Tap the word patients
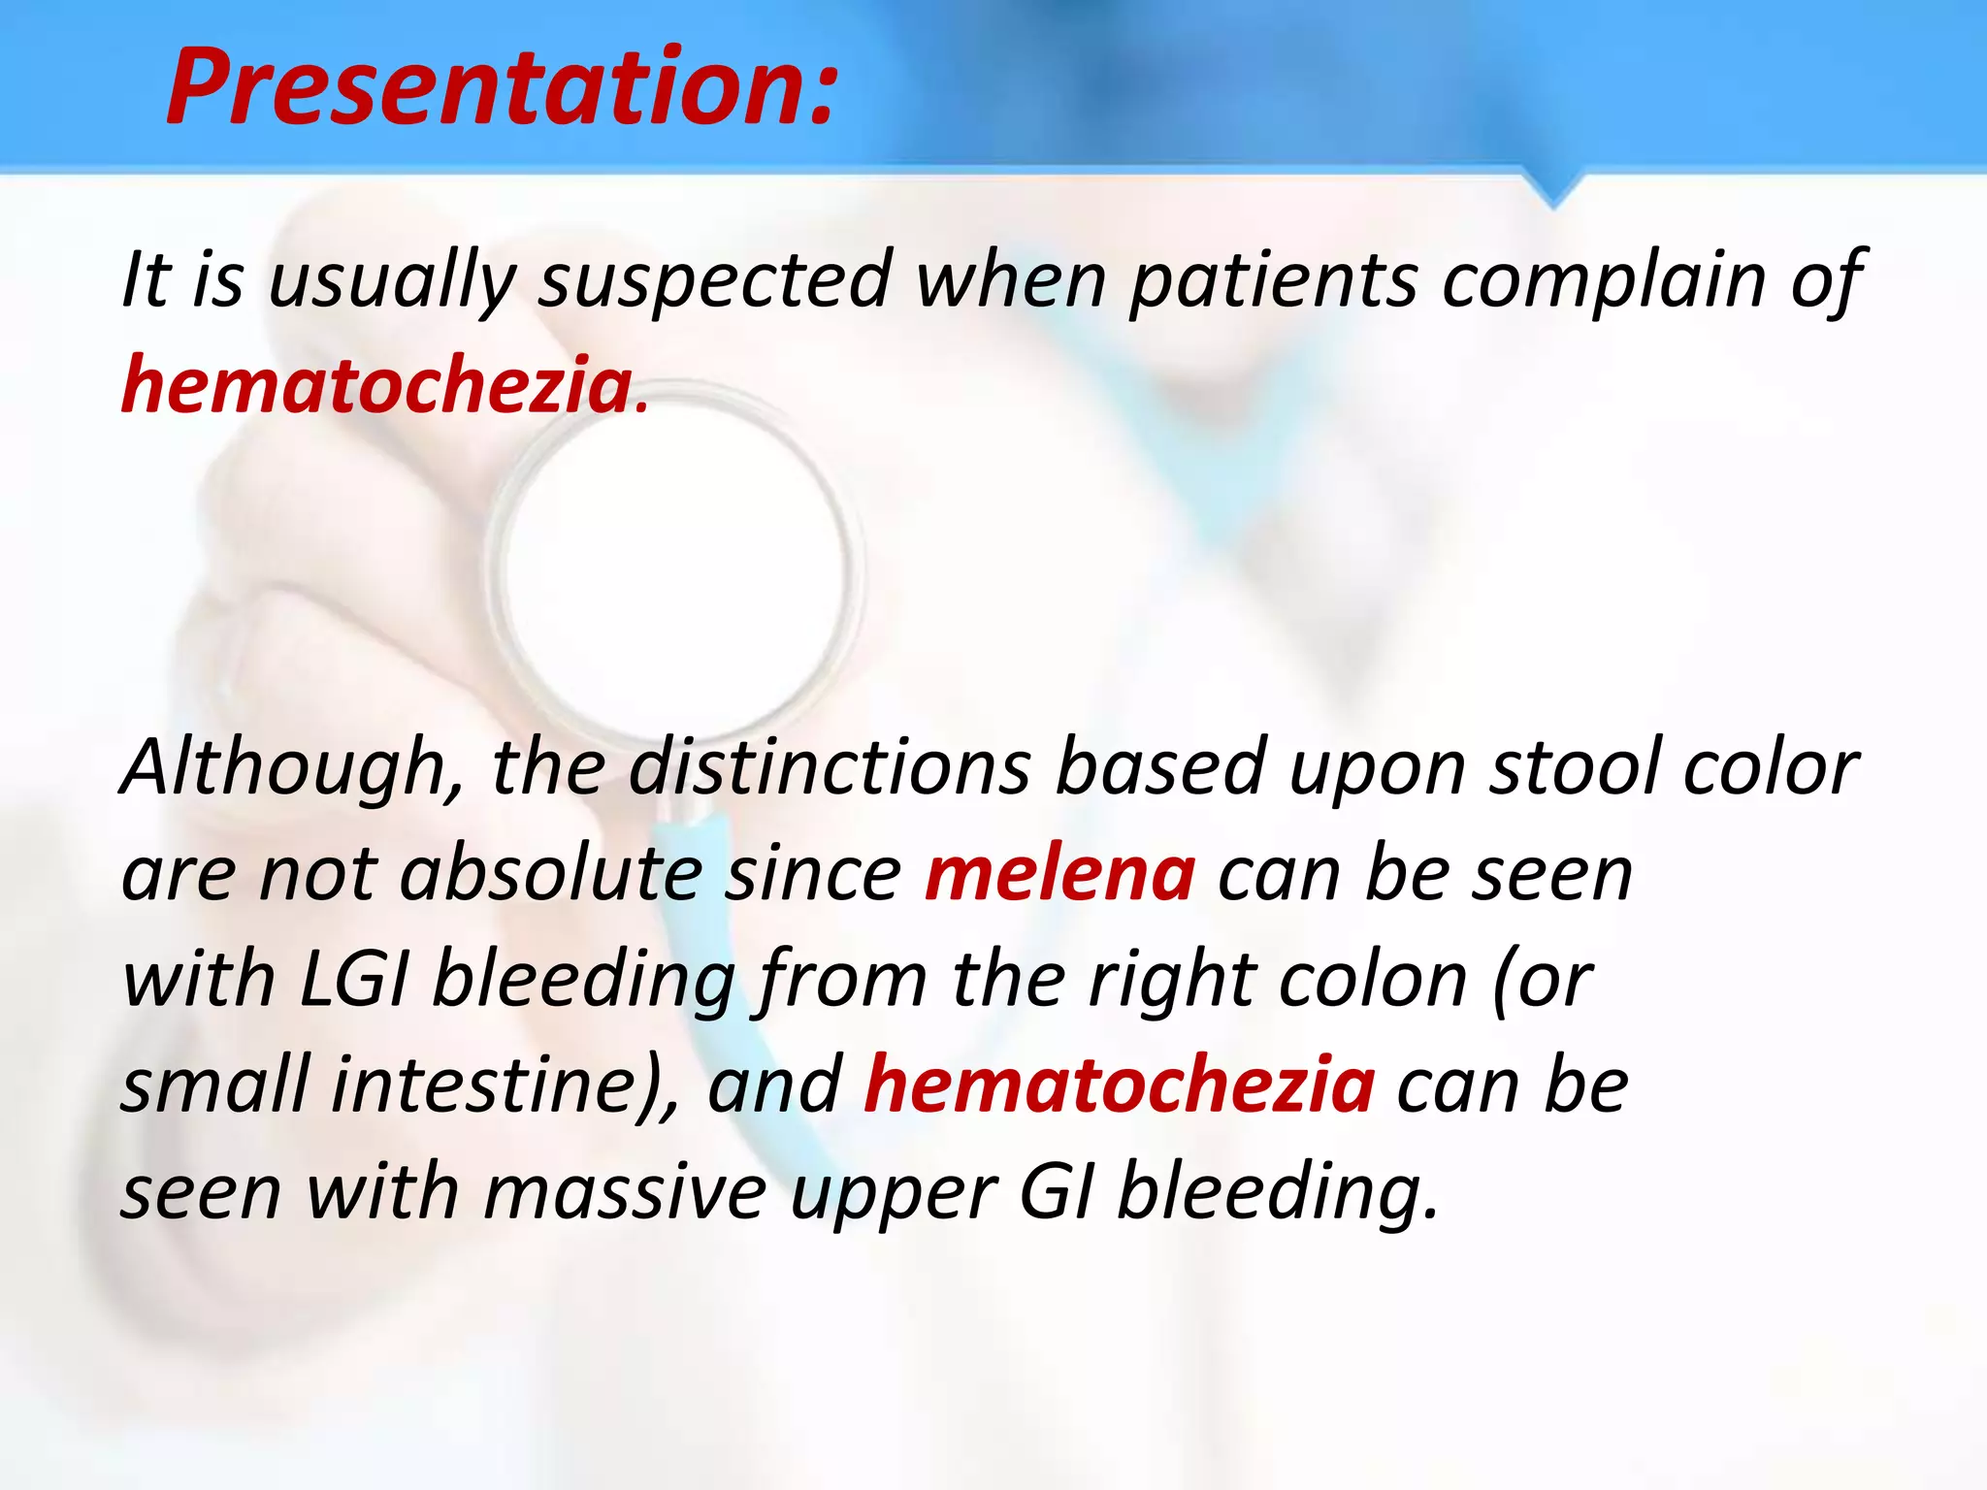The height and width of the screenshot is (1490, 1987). tap(1273, 281)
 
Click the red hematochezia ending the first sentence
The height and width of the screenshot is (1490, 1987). tap(377, 386)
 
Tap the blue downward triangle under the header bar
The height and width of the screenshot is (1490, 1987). tap(1553, 188)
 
